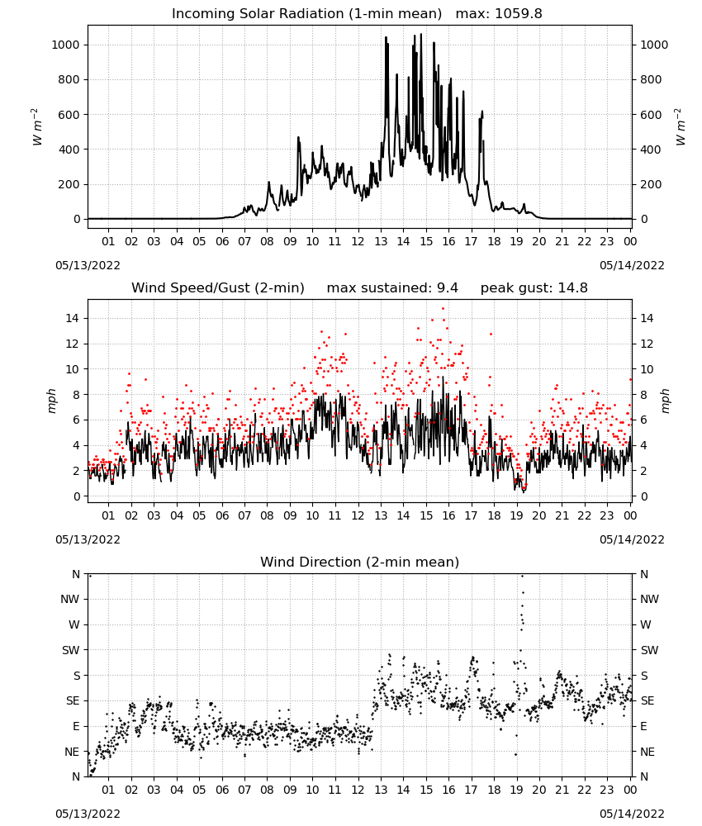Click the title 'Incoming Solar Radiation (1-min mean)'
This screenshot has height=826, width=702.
pos(306,14)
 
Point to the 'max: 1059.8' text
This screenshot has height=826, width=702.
pos(499,14)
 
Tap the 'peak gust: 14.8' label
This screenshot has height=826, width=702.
pos(534,288)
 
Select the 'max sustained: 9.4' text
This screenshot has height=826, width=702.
pos(392,288)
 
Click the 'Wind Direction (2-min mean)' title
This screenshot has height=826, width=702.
pos(360,562)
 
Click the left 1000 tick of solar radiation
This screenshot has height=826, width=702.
pos(65,45)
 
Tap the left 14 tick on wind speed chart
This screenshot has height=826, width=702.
pos(73,318)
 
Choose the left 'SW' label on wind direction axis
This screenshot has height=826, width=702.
pos(70,650)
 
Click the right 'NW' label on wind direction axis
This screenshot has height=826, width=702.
pos(649,599)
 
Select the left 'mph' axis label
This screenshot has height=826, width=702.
pos(51,401)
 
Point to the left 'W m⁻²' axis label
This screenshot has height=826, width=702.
pos(36,127)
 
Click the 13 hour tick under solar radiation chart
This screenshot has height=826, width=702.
pos(381,241)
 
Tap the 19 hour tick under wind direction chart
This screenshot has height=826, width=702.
pos(517,790)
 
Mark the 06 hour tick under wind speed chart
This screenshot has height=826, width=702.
pos(222,515)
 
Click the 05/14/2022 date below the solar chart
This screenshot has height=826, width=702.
pos(632,265)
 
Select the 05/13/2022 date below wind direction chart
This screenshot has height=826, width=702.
pos(88,814)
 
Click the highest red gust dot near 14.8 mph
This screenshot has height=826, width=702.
pos(443,309)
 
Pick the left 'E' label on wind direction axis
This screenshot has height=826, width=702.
pos(76,726)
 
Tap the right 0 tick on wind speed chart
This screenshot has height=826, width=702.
pos(643,496)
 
